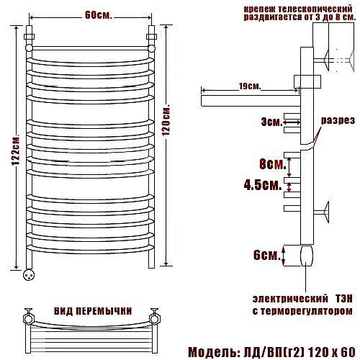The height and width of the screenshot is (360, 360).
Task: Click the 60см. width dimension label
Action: click(99, 16)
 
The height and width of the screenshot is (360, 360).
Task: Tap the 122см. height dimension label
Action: click(16, 152)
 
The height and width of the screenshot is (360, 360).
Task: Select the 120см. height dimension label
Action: click(166, 120)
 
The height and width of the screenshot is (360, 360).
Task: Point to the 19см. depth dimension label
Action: click(250, 86)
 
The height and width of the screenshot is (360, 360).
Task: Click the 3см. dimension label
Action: click(271, 122)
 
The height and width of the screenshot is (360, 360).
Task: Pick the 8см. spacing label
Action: click(273, 164)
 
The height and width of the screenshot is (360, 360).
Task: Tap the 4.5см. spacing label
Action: click(263, 185)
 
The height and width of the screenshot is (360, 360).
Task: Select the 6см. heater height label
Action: click(267, 255)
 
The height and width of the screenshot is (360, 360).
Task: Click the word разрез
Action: click(338, 120)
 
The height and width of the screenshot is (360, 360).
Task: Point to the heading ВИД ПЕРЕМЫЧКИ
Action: click(93, 311)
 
